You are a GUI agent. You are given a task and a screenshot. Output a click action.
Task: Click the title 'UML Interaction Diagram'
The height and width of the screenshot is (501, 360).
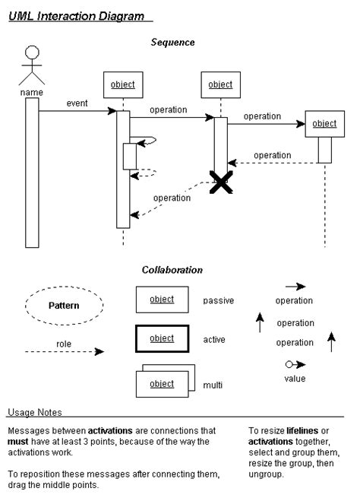coord(78,15)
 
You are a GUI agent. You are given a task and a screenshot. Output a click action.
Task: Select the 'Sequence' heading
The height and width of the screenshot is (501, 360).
coord(173,43)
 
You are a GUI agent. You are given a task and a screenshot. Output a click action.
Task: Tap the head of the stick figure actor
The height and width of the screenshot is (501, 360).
coord(31,53)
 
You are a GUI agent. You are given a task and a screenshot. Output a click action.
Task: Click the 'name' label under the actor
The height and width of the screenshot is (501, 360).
coord(31,93)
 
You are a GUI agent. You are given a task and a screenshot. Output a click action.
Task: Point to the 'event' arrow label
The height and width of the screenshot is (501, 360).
coord(77,103)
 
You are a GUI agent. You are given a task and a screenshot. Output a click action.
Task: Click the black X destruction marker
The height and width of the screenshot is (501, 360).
coord(221,182)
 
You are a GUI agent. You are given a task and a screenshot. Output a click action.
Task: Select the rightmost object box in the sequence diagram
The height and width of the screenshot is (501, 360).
coord(324,124)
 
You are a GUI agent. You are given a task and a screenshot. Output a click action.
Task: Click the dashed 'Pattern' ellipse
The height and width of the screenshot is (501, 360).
coord(64,306)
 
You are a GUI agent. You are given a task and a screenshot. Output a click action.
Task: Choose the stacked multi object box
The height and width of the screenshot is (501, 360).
coord(162,383)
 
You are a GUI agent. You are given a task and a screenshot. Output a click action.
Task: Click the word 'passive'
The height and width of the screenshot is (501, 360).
coord(218,300)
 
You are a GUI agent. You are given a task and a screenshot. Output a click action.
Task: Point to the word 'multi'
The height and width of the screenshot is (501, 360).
coord(213,385)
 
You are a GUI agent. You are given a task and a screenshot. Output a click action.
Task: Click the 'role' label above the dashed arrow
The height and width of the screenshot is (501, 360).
coord(64,343)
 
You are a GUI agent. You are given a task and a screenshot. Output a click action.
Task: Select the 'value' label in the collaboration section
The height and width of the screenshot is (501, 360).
coord(295,378)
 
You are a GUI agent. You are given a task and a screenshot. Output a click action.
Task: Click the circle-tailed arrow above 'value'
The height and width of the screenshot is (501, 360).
coord(295,364)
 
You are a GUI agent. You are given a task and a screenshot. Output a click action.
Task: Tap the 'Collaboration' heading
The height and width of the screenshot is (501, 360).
coord(172,269)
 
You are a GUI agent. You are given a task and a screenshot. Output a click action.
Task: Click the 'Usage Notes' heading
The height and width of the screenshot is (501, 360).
coord(35,412)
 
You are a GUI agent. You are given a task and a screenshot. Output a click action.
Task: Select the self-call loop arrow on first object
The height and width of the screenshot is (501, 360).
coord(147,141)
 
